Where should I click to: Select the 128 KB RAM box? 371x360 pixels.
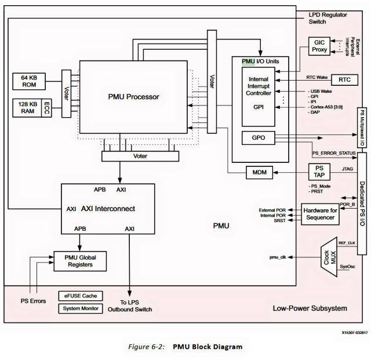click(30, 108)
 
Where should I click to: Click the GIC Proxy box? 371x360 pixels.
click(320, 46)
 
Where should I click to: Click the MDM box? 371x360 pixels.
click(256, 172)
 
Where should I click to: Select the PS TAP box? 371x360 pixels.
click(320, 172)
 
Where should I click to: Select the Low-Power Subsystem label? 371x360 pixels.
click(310, 308)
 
